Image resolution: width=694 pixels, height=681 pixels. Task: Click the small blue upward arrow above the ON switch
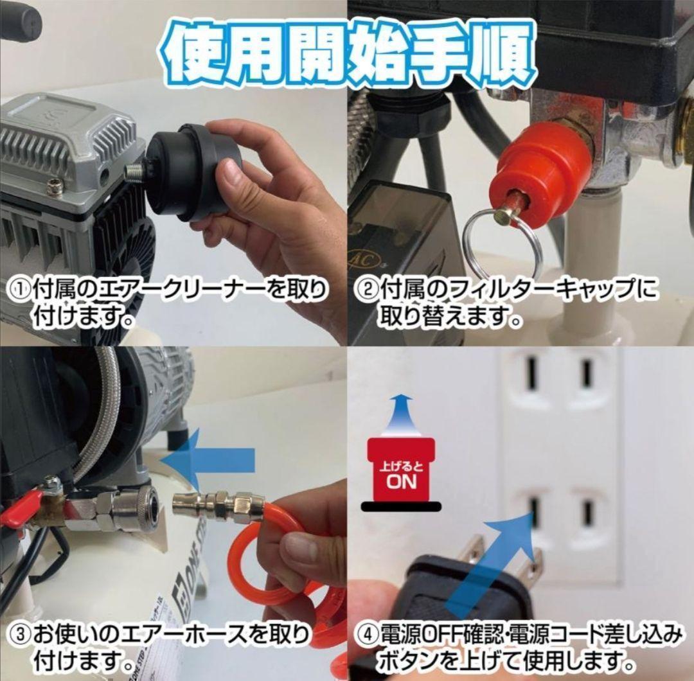pyautogui.click(x=402, y=414)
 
